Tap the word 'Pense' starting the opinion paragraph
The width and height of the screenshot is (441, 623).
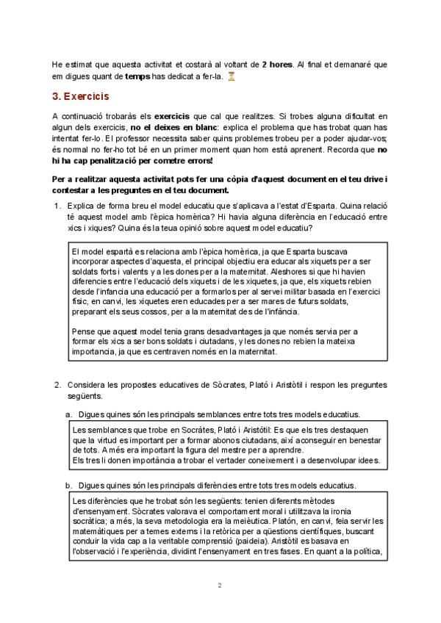click(85, 332)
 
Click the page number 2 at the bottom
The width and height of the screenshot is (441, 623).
click(220, 586)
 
